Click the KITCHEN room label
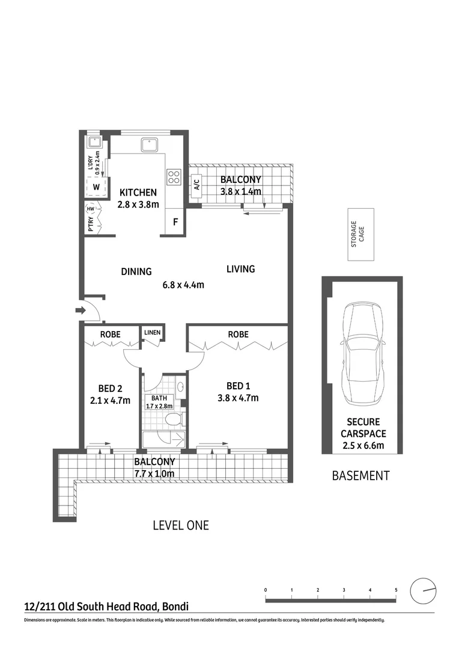[138, 193]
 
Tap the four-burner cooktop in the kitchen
[174, 176]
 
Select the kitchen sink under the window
[148, 144]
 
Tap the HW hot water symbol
[91, 209]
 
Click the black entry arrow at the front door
[79, 311]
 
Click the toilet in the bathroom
[172, 419]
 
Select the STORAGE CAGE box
[360, 234]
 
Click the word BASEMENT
[360, 475]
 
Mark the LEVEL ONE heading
[181, 525]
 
